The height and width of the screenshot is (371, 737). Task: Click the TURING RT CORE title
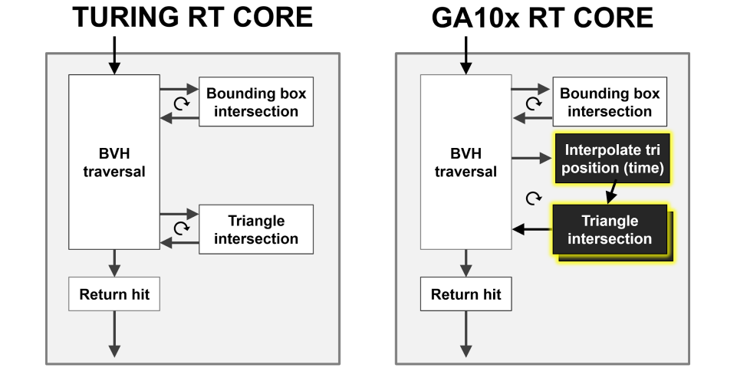[192, 18]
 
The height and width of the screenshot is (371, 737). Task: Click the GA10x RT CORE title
[542, 18]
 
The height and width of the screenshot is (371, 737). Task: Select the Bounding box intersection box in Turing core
[256, 102]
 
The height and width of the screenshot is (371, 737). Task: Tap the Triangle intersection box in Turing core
[256, 230]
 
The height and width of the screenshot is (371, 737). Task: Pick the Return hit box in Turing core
[114, 294]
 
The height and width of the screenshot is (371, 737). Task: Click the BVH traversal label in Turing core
[114, 163]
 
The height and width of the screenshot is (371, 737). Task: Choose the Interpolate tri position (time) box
[612, 159]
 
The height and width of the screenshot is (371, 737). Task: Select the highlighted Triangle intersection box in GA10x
[610, 230]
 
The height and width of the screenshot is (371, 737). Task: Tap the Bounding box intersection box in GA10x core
[610, 102]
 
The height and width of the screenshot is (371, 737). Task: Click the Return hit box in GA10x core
[466, 294]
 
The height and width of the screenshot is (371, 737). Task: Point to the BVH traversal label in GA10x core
[466, 163]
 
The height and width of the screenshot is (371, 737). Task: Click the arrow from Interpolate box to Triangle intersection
[611, 192]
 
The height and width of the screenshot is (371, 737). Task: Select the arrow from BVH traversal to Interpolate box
[531, 158]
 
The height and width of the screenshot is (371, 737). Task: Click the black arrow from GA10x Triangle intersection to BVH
[532, 230]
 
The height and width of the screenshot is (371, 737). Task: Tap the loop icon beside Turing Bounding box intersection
[182, 103]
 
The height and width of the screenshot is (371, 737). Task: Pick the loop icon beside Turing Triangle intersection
[182, 228]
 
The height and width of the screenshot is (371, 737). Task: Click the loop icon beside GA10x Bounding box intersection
[533, 103]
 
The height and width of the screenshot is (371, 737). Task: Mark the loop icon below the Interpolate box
[533, 199]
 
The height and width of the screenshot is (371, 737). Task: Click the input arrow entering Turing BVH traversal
[114, 56]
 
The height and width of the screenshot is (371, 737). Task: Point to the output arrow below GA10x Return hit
[466, 334]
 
